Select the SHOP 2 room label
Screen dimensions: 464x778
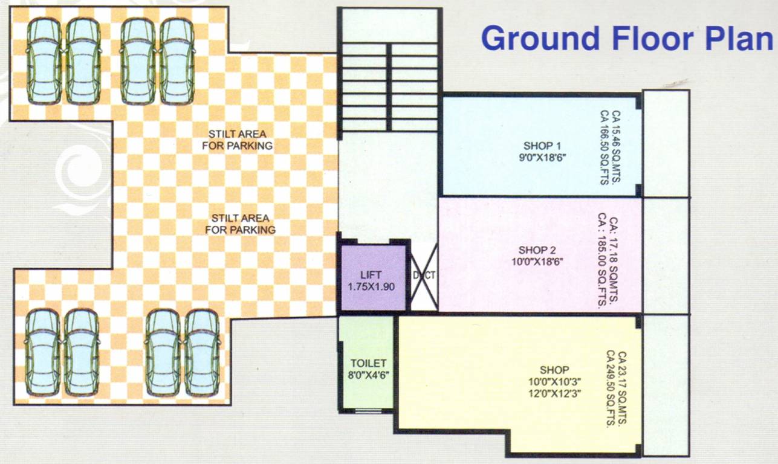click(537, 250)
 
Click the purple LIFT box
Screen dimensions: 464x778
click(372, 279)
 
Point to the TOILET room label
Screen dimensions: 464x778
click(368, 363)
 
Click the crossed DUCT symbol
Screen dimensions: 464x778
click(424, 275)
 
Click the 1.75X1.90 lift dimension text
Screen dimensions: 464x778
click(371, 286)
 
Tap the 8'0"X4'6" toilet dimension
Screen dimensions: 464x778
click(368, 374)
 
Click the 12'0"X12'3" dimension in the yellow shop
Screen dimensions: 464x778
click(554, 393)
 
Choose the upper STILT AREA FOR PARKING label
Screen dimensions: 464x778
click(240, 140)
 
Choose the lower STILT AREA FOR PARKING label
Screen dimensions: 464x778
click(240, 224)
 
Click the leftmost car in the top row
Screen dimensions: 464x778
click(44, 60)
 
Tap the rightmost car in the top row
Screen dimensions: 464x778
click(177, 60)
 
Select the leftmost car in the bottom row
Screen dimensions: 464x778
click(42, 352)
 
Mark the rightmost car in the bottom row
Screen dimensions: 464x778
click(202, 352)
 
